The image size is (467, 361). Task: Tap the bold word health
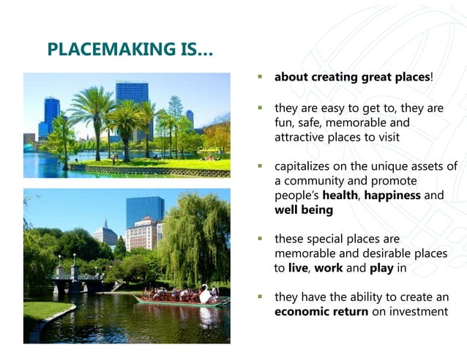click(x=341, y=196)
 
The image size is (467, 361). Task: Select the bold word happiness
click(x=393, y=196)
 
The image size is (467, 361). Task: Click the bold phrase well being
click(x=304, y=210)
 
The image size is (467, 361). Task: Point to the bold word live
click(x=298, y=268)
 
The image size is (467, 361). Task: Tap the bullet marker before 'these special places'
click(x=259, y=239)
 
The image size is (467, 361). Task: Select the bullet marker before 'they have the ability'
click(x=259, y=298)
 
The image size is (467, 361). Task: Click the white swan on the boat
click(x=206, y=293)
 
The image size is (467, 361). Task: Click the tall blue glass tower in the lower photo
click(x=144, y=209)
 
